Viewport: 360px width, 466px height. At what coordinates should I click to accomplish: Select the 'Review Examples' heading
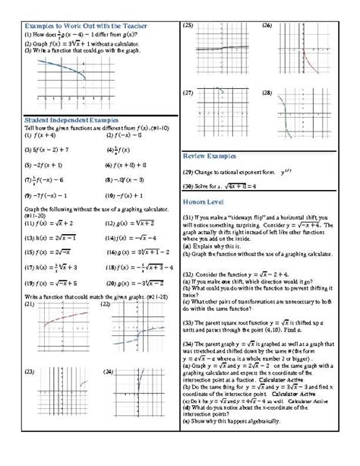(x=210, y=156)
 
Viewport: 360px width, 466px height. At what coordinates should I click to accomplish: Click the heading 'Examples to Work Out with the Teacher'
(x=85, y=27)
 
